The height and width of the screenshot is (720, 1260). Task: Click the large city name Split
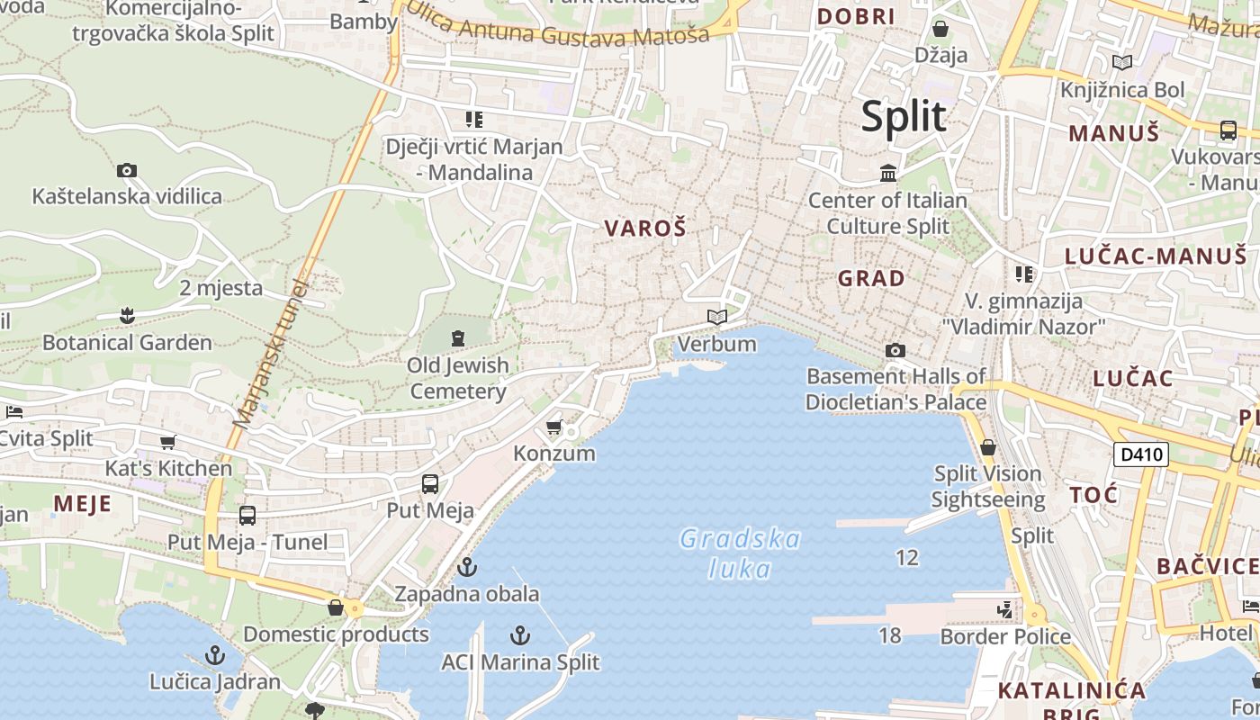coord(904,117)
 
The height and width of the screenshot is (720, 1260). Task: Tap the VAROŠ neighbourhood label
coord(645,229)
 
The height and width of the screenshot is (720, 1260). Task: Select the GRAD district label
coord(871,278)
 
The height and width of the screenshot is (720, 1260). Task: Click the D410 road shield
coord(1140,454)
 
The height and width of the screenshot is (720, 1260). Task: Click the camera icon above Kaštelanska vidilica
coord(127,170)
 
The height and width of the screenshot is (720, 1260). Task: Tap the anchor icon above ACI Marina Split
coord(519,635)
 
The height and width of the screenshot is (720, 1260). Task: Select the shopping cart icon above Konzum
coord(554,427)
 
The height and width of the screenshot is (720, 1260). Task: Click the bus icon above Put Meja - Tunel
coord(247,516)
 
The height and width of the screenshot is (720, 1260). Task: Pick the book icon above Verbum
coord(717,317)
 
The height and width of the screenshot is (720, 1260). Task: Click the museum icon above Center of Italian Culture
coord(888,173)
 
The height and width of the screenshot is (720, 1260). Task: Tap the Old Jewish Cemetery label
coord(458,378)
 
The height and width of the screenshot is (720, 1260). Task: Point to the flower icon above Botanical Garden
coord(127,316)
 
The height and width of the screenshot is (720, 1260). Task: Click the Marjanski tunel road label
coord(270,353)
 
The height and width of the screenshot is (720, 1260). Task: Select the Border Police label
coord(1005,637)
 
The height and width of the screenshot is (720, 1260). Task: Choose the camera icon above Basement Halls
coord(895,350)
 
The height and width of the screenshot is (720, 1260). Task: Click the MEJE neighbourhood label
coord(82,503)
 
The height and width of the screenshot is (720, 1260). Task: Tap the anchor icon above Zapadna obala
coord(466,567)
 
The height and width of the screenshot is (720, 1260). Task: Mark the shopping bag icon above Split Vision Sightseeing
coord(988,447)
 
